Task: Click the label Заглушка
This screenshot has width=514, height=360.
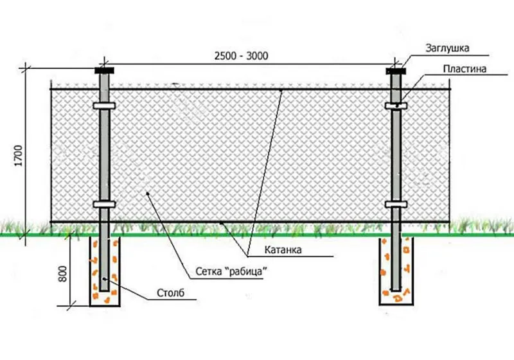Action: (448, 48)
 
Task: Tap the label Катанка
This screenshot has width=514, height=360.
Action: (283, 248)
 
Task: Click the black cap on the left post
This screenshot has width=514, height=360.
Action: (105, 69)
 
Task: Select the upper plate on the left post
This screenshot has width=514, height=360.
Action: (104, 104)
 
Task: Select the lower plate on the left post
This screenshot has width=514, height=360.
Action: (104, 205)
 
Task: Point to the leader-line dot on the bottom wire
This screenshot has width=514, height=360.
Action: (220, 222)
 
